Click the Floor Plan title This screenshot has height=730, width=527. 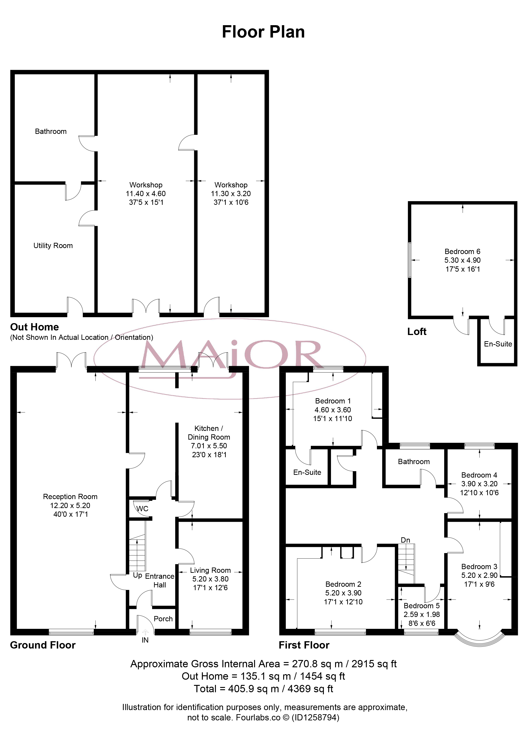[263, 32]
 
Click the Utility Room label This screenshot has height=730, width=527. [53, 246]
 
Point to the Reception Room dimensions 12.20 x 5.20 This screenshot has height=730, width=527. [70, 505]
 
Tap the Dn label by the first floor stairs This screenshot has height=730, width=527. [405, 540]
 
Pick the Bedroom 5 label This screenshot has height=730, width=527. [422, 606]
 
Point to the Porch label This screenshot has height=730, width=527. [163, 619]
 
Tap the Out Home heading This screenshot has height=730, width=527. [35, 327]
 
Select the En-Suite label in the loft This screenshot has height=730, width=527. [498, 344]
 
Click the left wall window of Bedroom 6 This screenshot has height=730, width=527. [410, 260]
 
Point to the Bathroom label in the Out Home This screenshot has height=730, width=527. [51, 131]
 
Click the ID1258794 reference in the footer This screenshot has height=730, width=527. [315, 717]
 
